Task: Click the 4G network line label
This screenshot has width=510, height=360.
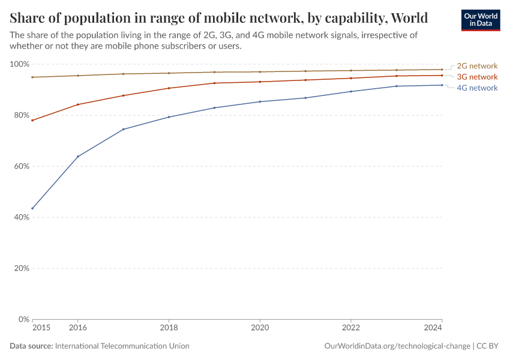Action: (477, 88)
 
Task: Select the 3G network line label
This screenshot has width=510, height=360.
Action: (477, 77)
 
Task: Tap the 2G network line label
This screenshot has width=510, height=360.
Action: (477, 66)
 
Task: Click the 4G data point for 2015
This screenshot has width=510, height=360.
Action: (32, 208)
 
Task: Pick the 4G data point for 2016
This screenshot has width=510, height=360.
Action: (78, 157)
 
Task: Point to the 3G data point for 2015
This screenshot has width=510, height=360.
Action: (32, 120)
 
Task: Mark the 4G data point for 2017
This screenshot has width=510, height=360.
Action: (124, 129)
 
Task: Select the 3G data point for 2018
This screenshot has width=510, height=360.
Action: (169, 88)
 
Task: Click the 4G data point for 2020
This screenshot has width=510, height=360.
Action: (260, 101)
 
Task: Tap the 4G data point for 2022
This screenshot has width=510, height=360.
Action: (351, 91)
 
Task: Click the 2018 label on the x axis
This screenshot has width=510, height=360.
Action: (169, 328)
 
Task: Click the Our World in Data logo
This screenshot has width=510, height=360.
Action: (480, 20)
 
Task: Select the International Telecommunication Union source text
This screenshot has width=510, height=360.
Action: (122, 346)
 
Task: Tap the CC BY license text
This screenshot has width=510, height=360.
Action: (488, 346)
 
